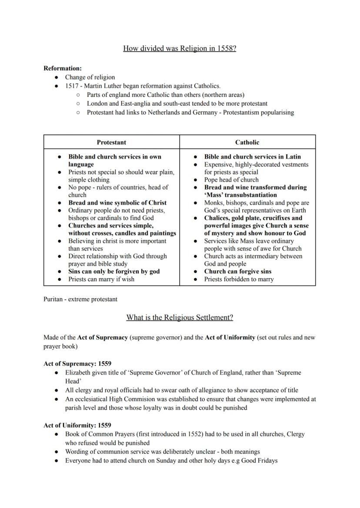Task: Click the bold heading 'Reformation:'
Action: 63,68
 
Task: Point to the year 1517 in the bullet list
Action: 72,86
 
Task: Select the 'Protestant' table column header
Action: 111,142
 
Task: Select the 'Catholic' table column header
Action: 247,142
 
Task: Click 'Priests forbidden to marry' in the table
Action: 239,279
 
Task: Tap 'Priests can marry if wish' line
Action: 101,279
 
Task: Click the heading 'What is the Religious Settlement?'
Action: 180,318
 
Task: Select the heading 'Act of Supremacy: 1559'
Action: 77,363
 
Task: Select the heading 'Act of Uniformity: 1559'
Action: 77,425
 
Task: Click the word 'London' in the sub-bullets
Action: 97,103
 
